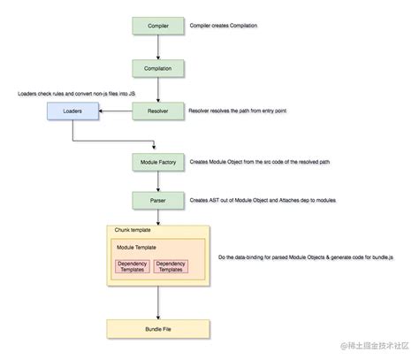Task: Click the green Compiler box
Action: [157, 27]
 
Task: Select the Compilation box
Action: [157, 67]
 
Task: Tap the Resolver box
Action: [157, 111]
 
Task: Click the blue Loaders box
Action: [72, 112]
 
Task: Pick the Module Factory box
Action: [157, 164]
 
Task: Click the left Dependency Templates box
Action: [132, 266]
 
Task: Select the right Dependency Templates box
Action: [172, 266]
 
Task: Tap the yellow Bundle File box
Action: [157, 331]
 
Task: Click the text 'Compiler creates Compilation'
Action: [225, 27]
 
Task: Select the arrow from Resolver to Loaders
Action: [115, 112]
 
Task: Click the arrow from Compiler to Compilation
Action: [157, 47]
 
